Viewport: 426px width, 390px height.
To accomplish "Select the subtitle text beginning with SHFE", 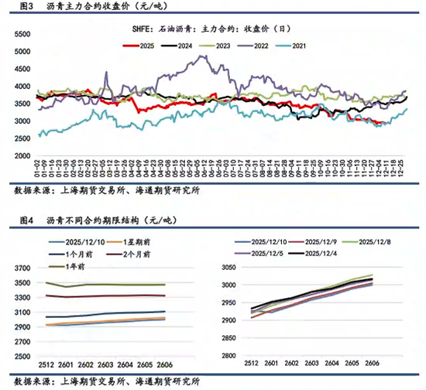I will point(213,29).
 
